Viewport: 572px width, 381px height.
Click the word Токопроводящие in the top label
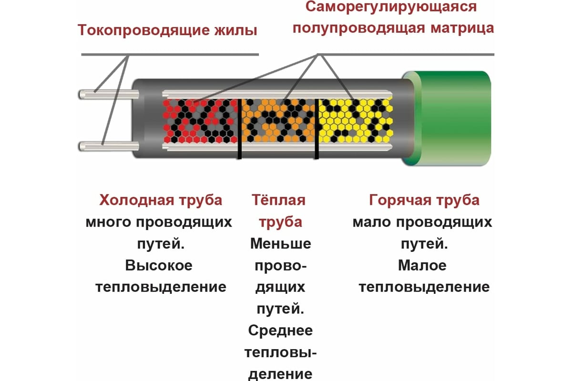pos(143,30)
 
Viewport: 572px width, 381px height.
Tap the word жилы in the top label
pos(235,30)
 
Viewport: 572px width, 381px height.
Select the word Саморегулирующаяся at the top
pos(391,7)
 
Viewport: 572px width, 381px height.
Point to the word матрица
pos(462,29)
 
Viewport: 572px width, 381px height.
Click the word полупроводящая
pos(359,29)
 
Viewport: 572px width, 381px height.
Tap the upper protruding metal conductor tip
pos(109,94)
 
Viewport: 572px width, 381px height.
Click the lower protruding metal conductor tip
pos(109,146)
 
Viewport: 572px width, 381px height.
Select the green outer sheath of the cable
pos(447,119)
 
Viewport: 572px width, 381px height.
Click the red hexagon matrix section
pos(200,121)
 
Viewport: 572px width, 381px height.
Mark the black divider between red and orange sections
pos(239,129)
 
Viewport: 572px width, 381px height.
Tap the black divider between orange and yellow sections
pos(317,129)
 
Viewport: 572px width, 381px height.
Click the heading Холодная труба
pos(161,200)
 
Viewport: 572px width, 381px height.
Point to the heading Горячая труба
pos(424,201)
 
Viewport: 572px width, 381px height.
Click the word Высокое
pos(159,265)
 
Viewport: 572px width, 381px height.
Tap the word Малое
pos(422,265)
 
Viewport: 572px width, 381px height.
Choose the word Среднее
pos(280,331)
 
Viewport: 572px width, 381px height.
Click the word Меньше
pos(281,243)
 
